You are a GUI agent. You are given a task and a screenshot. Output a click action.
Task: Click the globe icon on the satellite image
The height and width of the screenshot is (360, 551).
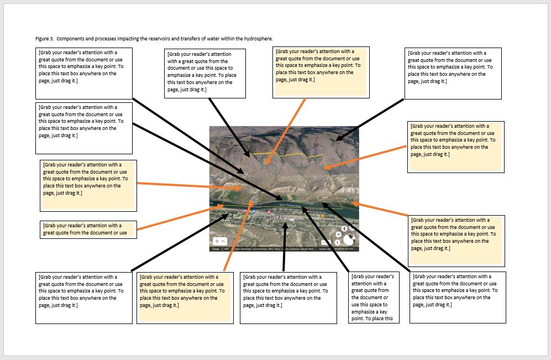(x=349, y=239)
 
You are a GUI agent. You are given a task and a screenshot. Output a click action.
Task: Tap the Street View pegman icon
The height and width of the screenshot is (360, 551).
(x=344, y=228)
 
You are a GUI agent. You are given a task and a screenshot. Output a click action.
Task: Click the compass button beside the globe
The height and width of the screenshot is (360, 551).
(x=337, y=242)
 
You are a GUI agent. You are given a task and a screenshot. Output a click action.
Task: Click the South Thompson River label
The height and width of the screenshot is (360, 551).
(x=291, y=205)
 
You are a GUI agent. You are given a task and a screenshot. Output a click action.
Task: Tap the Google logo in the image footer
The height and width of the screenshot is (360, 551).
(x=216, y=249)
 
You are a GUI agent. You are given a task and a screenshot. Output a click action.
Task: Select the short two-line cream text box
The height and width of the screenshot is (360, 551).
(x=88, y=229)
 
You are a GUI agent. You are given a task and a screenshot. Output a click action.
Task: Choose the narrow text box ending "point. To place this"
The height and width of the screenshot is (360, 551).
(x=373, y=297)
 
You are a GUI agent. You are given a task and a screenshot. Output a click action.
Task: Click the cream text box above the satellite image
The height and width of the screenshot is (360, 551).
(x=321, y=72)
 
